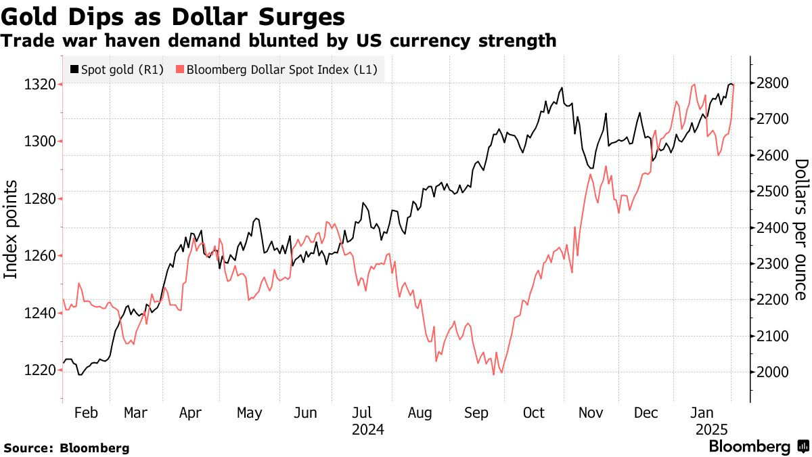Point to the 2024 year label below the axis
[368, 430]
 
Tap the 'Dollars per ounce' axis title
[801, 230]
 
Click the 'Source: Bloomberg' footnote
[66, 448]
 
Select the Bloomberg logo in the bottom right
[759, 447]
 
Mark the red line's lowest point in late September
[493, 374]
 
